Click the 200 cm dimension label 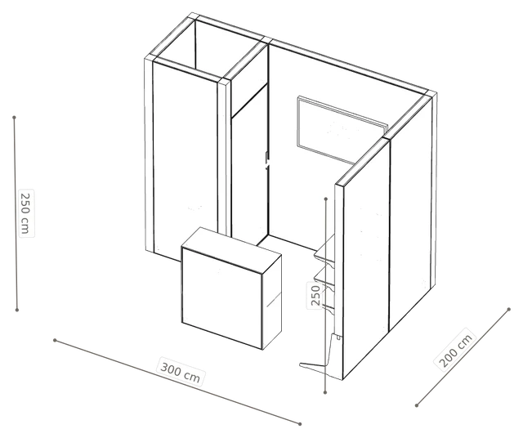[x=455, y=350]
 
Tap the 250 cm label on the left [x=26, y=213]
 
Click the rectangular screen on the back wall [x=342, y=130]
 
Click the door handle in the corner [x=267, y=161]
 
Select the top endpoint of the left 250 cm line [x=14, y=118]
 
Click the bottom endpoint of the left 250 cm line [x=17, y=310]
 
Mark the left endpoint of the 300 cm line [x=55, y=340]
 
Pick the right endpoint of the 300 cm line [x=300, y=424]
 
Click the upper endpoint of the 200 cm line [x=508, y=309]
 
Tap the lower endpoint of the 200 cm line [x=417, y=405]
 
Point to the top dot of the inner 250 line [x=326, y=199]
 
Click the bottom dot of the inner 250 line [x=325, y=392]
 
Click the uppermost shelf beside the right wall [x=325, y=250]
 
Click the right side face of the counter [x=272, y=302]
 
